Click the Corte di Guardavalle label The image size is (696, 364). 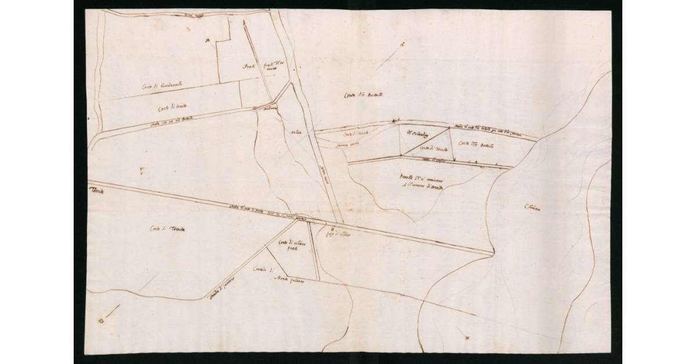(162, 86)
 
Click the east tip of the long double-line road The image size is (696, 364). (493, 253)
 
